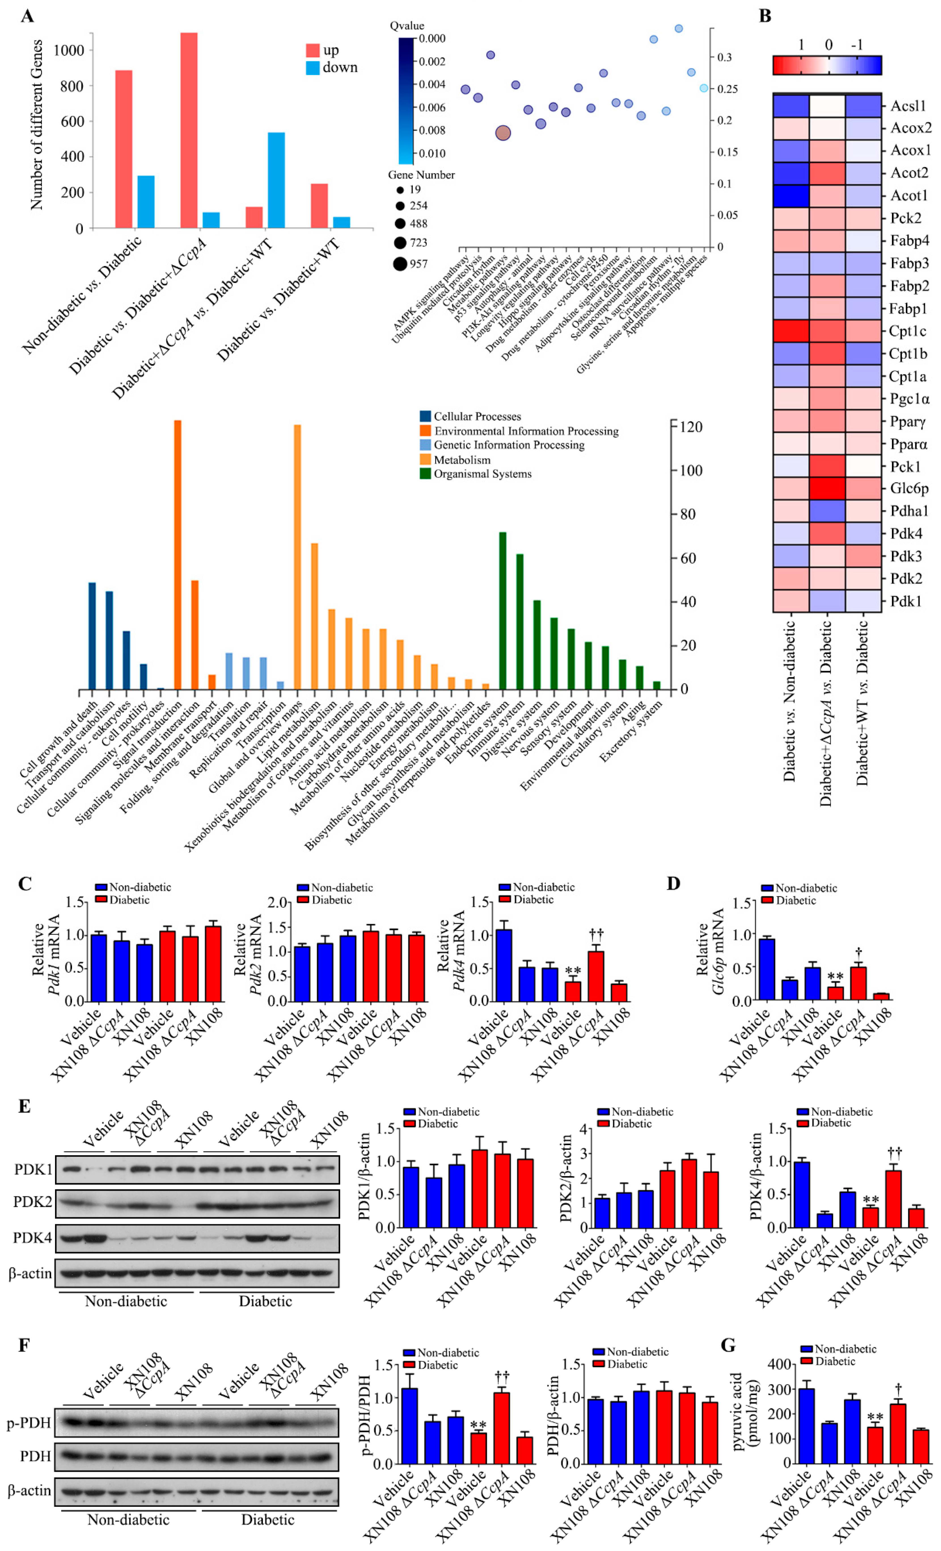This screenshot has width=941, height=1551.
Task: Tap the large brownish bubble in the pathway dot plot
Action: coord(503,133)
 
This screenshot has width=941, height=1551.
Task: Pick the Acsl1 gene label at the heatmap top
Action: coord(908,106)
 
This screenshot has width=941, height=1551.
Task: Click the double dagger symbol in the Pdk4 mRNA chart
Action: coord(596,933)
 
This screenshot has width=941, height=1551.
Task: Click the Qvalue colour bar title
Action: coord(407,26)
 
